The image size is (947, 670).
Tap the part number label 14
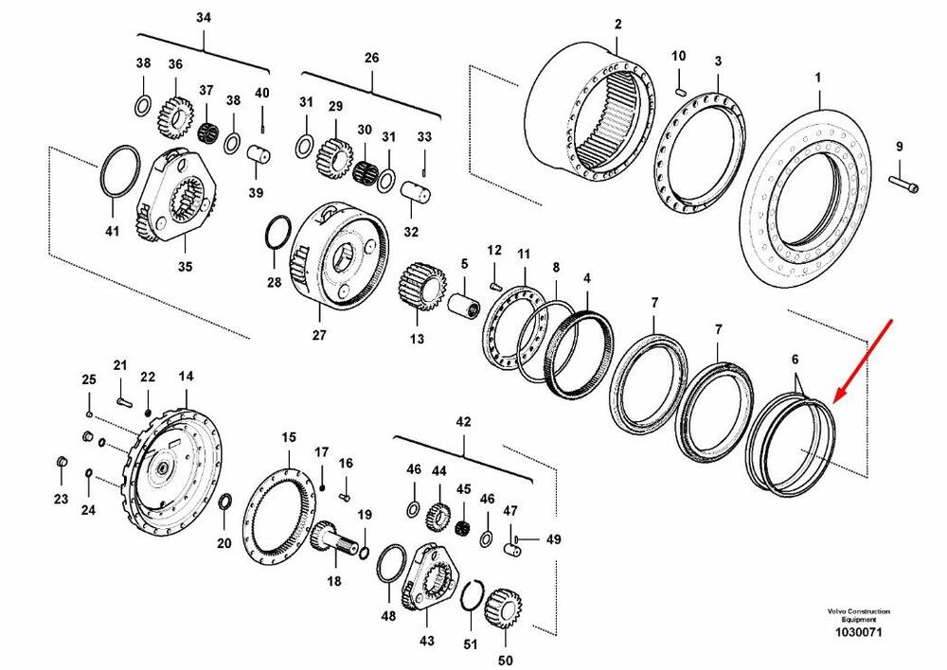point(185,377)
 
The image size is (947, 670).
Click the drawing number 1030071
point(859,632)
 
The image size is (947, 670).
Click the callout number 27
point(318,333)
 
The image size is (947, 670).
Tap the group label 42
point(463,421)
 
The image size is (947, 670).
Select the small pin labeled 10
point(680,90)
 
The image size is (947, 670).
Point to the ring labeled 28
point(277,231)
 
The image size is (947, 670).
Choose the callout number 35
point(186,267)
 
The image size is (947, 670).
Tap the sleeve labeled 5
point(465,306)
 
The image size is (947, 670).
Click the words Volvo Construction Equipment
point(858,615)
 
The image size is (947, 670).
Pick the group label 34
point(205,18)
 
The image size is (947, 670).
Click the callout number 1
point(819,76)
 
